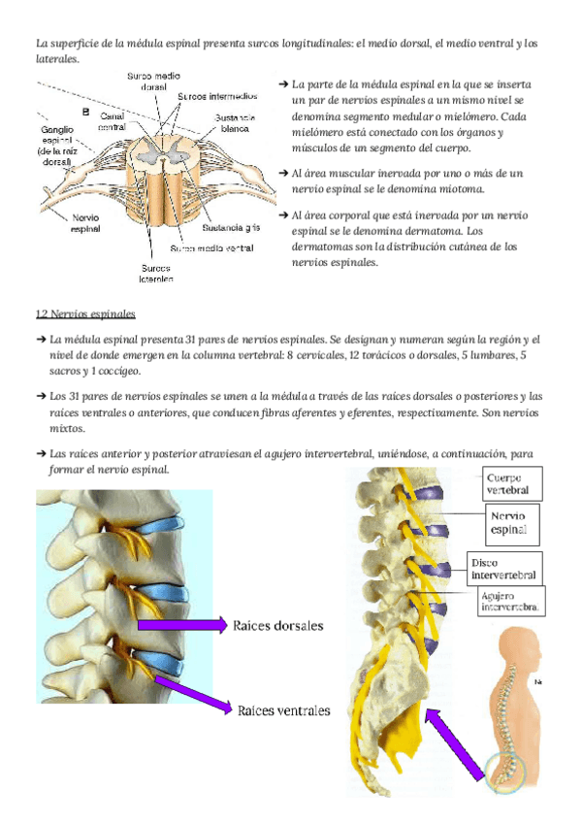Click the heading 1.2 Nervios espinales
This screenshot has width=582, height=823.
point(85,314)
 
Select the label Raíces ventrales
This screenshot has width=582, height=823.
point(283,710)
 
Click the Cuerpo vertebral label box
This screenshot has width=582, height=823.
point(513,483)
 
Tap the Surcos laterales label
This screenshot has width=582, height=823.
point(156,273)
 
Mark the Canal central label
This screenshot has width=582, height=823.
point(113,120)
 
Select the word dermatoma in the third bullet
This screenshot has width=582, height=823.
point(428,231)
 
